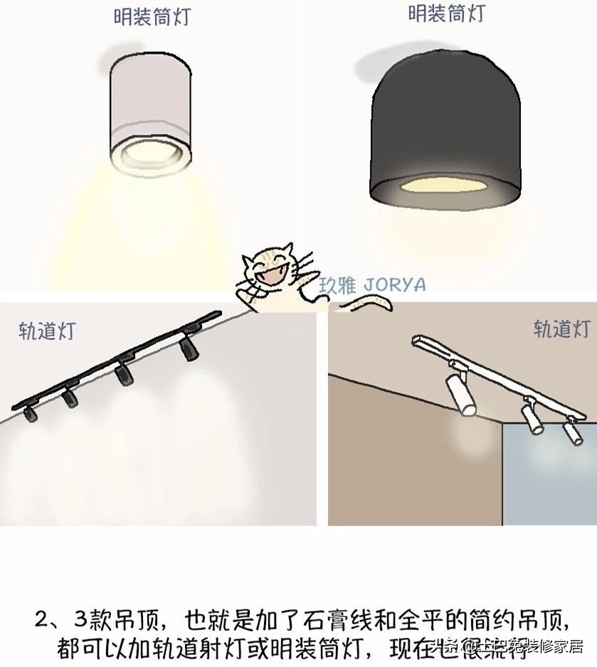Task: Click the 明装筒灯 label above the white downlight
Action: coord(152,18)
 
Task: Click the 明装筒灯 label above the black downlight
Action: coord(446,14)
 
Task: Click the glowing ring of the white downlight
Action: coord(150,152)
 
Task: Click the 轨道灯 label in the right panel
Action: coord(561,329)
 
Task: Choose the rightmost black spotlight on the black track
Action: coord(188,347)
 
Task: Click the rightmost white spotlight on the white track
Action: coord(571,432)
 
